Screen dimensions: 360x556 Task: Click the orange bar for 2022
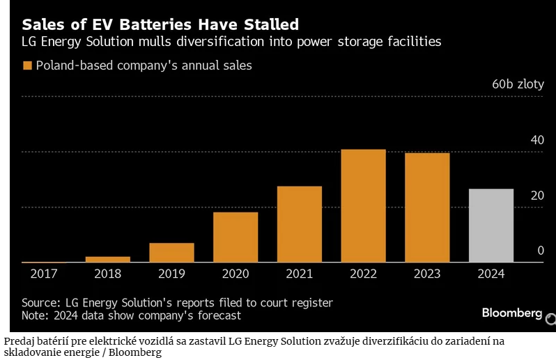pyautogui.click(x=363, y=206)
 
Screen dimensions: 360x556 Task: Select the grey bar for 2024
pyautogui.click(x=491, y=226)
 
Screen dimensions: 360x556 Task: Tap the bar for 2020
pyautogui.click(x=235, y=237)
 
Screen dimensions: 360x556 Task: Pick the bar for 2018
pyautogui.click(x=107, y=259)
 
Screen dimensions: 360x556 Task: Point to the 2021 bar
pyautogui.click(x=300, y=224)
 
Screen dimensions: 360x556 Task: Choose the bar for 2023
pyautogui.click(x=427, y=208)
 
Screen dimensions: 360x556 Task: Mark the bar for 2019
pyautogui.click(x=171, y=253)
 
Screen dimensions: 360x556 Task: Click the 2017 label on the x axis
pyautogui.click(x=43, y=274)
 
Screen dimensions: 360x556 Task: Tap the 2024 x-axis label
pyautogui.click(x=491, y=274)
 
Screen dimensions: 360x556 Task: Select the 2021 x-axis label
pyautogui.click(x=300, y=274)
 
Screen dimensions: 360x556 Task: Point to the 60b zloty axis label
pyautogui.click(x=518, y=84)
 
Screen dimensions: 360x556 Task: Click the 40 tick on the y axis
pyautogui.click(x=536, y=140)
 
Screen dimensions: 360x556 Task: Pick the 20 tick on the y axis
pyautogui.click(x=536, y=196)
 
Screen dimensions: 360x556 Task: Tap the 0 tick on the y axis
pyautogui.click(x=540, y=251)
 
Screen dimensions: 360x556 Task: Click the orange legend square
pyautogui.click(x=28, y=65)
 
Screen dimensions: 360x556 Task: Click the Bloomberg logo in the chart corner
pyautogui.click(x=511, y=313)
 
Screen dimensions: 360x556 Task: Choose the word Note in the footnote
pyautogui.click(x=35, y=315)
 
